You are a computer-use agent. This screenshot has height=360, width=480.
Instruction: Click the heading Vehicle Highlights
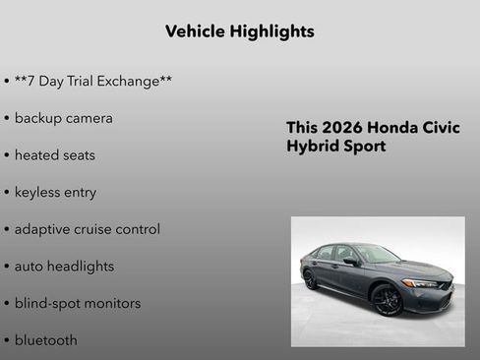240,31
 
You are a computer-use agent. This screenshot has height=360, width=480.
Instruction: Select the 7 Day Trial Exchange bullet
92,81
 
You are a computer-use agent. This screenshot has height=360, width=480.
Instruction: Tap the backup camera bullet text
63,118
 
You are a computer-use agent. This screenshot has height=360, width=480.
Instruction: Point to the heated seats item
54,155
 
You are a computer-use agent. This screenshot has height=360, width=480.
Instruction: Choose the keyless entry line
55,192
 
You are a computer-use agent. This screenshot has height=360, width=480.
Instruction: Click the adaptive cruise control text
87,229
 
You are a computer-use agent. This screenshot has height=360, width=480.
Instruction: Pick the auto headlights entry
64,266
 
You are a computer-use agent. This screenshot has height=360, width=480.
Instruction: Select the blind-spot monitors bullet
77,303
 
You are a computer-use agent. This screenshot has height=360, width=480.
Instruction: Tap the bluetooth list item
45,340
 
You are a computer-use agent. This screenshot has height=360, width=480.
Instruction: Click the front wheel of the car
388,299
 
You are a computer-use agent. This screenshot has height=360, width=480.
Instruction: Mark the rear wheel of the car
311,279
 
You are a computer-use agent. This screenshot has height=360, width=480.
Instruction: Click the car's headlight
422,283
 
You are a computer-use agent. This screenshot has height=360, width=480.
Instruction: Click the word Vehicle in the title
195,31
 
